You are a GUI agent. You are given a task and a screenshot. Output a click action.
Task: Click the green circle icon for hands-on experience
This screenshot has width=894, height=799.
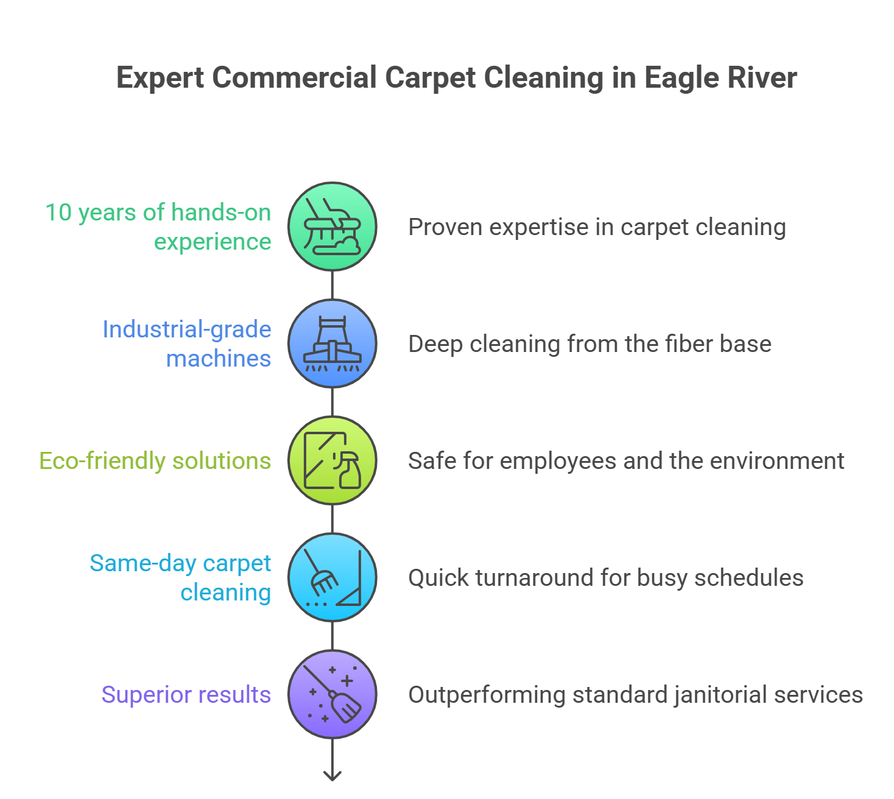pos(332,227)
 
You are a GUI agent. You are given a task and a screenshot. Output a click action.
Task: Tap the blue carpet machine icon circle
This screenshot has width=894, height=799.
pos(332,343)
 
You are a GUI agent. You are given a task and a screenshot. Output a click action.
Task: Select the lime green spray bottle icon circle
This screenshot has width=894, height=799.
pos(332,460)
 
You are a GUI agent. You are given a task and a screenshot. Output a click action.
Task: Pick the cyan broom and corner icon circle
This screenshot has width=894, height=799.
pos(332,577)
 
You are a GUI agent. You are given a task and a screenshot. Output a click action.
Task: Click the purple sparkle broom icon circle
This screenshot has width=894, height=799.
pos(332,694)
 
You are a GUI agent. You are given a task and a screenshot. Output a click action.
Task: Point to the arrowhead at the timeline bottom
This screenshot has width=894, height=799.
pos(332,776)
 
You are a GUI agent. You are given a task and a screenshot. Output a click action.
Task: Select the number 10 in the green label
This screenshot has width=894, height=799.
pos(58,213)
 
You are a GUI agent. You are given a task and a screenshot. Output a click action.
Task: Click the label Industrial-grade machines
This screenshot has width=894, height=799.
pos(186,343)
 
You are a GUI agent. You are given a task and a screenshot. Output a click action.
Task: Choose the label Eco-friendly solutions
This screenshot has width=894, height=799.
pos(155,461)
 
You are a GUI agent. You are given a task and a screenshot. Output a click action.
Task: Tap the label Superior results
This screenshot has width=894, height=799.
pos(186,695)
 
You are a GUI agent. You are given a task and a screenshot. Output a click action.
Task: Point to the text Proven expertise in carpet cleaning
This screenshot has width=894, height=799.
pos(597,227)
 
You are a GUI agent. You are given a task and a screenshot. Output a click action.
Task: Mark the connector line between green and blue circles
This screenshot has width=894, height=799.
pos(332,285)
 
